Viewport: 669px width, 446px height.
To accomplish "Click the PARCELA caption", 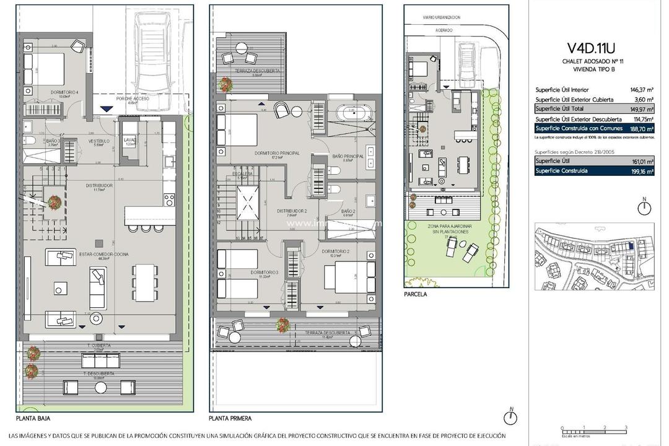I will pyautogui.click(x=415, y=295).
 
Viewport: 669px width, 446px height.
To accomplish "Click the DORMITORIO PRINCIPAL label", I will pyautogui.click(x=276, y=153).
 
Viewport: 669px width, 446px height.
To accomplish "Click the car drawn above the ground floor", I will pyautogui.click(x=151, y=55).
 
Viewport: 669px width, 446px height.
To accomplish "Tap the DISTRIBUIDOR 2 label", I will pyautogui.click(x=292, y=211).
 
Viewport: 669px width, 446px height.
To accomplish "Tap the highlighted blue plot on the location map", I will pyautogui.click(x=631, y=247).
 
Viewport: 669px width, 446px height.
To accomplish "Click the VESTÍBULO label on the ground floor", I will pyautogui.click(x=98, y=141).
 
